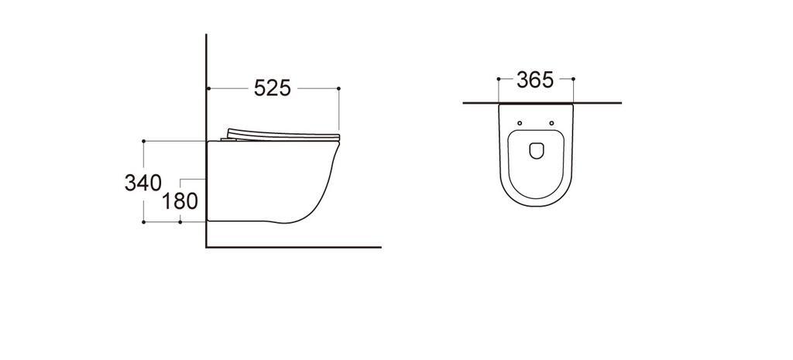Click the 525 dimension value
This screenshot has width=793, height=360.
coord(272,88)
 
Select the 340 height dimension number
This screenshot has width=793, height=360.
coord(143,183)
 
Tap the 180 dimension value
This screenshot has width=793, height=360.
coord(180,201)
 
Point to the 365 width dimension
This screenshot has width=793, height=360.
coord(535,80)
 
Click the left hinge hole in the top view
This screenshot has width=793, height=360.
coord(520,123)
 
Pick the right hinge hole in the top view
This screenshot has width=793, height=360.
coord(551,123)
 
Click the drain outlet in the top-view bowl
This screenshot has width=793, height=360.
coord(536,150)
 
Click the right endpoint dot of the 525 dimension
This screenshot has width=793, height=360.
coord(338,88)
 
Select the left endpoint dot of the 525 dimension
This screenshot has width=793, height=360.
coord(209,88)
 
